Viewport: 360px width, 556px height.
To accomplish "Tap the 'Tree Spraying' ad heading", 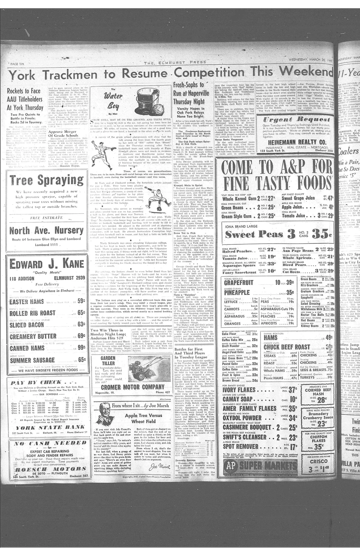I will coord(46,180).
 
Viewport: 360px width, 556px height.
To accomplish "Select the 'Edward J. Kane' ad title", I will coord(47,264).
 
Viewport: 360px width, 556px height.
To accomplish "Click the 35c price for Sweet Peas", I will coord(321,234).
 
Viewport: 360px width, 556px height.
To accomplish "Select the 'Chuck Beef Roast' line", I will coord(286,347).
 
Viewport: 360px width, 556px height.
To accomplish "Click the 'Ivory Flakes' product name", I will coord(239,390).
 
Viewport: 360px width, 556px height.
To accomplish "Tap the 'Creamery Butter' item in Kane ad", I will coord(33,336).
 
